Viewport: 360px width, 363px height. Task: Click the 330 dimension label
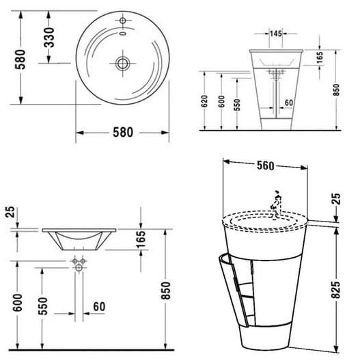click(49, 38)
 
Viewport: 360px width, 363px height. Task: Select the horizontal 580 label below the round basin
click(123, 133)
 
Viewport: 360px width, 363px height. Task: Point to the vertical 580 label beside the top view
click(20, 59)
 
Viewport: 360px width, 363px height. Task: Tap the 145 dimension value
click(276, 33)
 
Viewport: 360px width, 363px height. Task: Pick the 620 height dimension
click(204, 101)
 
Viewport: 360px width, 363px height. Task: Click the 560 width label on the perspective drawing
click(266, 165)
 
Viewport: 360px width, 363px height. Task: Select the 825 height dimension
click(336, 290)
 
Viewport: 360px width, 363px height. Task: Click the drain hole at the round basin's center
click(122, 64)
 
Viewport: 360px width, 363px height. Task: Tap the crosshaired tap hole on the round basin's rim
click(123, 21)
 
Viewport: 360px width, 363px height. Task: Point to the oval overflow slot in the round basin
click(123, 33)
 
